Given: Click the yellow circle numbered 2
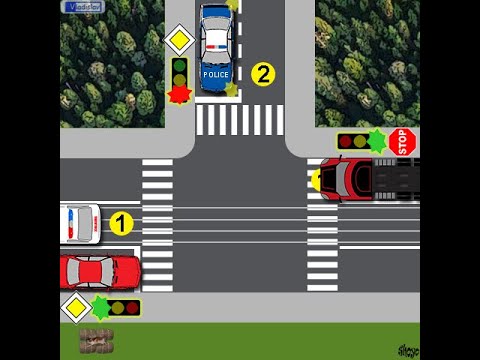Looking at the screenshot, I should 262,73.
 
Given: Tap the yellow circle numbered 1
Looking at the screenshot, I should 120,224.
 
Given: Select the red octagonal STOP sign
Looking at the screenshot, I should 402,141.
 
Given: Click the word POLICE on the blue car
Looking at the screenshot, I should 215,74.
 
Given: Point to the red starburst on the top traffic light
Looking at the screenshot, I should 179,94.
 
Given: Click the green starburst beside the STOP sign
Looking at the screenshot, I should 376,140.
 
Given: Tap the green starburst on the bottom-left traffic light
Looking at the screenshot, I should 100,307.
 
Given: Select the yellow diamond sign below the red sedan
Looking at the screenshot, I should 76,307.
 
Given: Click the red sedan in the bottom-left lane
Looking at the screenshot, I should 99,271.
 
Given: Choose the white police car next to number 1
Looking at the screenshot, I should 80,224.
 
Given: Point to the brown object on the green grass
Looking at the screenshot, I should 96,340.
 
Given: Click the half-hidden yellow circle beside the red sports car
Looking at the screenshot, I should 316,180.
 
